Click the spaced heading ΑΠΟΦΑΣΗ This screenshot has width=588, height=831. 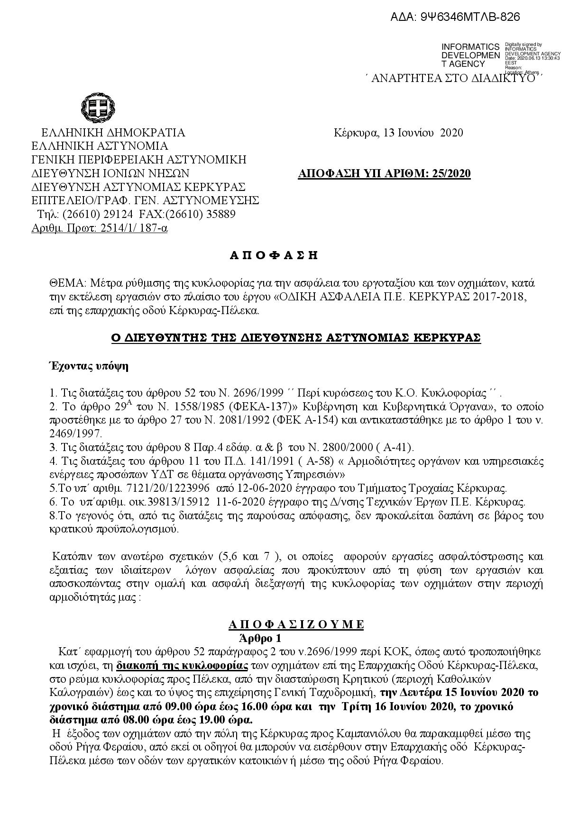tap(274, 256)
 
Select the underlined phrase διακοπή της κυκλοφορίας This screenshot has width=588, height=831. tap(182, 665)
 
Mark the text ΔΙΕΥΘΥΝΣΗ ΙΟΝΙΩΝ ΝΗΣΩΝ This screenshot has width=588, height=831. tap(110, 173)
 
